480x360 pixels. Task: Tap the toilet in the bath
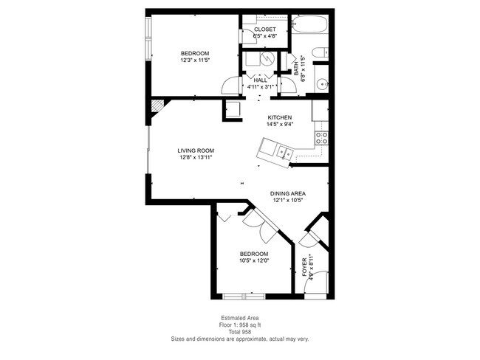point(318,53)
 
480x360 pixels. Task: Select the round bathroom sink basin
point(322,85)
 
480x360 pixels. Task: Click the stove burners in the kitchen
point(322,137)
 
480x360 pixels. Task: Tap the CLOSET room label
point(264,30)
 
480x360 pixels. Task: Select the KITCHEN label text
point(280,118)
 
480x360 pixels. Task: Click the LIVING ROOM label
point(195,150)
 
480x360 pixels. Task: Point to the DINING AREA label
point(287,193)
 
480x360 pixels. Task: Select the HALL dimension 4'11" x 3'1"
point(260,86)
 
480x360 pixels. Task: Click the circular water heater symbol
point(268,59)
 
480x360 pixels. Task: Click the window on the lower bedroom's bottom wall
point(244,297)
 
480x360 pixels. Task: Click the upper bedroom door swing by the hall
point(233,87)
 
